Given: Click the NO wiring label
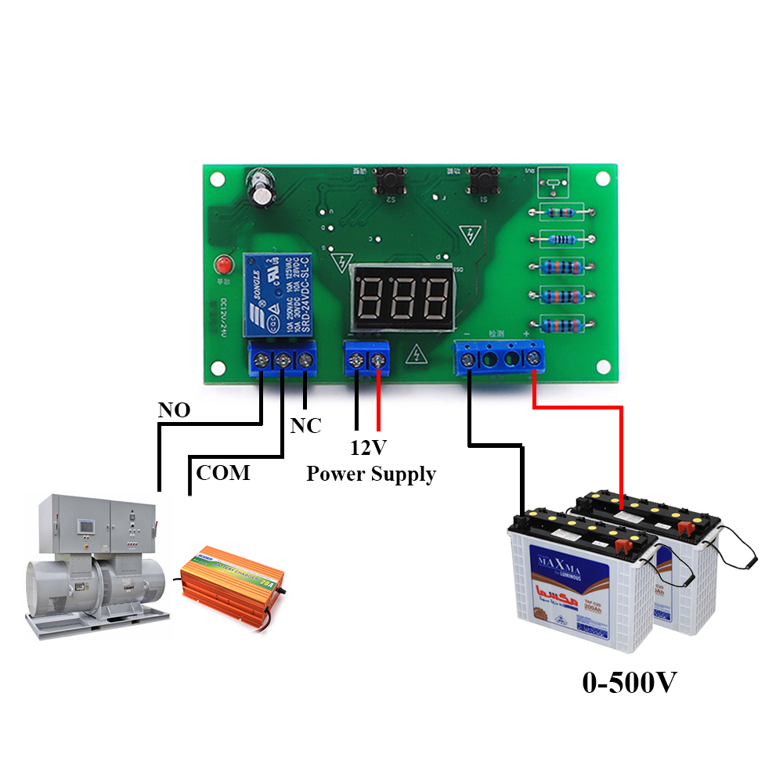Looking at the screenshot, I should tap(174, 410).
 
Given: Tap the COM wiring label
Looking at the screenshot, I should tap(223, 472).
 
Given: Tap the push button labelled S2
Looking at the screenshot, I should tap(388, 182).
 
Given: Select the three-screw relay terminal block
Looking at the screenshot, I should tap(282, 360).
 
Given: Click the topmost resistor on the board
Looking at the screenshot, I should tap(560, 211).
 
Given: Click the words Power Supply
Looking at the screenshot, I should tap(370, 474).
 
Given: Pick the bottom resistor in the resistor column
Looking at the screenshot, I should tap(560, 325).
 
